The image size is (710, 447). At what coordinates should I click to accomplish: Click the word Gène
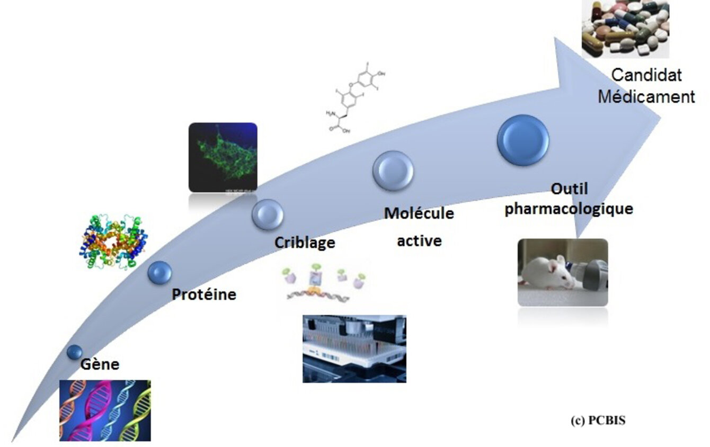click(100, 364)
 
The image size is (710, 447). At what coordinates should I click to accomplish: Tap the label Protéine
click(204, 294)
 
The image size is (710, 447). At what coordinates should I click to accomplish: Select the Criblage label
click(305, 243)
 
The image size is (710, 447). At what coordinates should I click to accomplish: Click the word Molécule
click(419, 213)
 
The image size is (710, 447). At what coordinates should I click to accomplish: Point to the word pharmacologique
click(569, 209)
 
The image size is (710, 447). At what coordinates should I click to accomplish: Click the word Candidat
click(646, 75)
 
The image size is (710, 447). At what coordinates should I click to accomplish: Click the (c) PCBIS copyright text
click(598, 421)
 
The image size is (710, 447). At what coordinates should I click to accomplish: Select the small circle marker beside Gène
click(75, 352)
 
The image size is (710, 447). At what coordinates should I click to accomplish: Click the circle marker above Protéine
click(159, 272)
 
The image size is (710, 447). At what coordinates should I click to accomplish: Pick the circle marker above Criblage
click(267, 214)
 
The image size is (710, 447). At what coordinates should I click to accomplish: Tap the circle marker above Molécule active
click(393, 171)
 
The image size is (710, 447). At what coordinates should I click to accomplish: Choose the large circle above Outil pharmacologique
click(523, 140)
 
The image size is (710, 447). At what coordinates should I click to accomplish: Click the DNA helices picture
click(105, 410)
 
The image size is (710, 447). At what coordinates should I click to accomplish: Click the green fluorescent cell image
click(223, 157)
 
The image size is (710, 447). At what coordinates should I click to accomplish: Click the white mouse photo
click(563, 272)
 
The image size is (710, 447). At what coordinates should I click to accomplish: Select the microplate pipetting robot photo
click(354, 348)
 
